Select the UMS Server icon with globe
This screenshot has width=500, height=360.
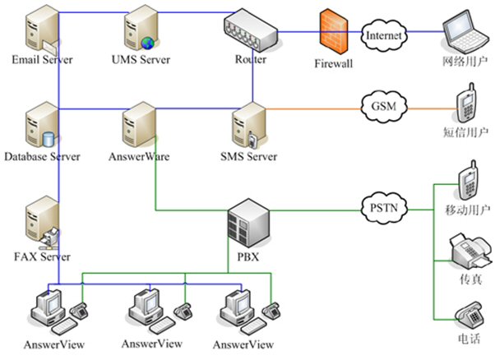140,30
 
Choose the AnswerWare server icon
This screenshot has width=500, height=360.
137,124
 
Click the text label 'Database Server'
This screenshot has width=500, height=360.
41,156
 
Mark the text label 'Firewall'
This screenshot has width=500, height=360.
333,62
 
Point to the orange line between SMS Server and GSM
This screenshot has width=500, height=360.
312,108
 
